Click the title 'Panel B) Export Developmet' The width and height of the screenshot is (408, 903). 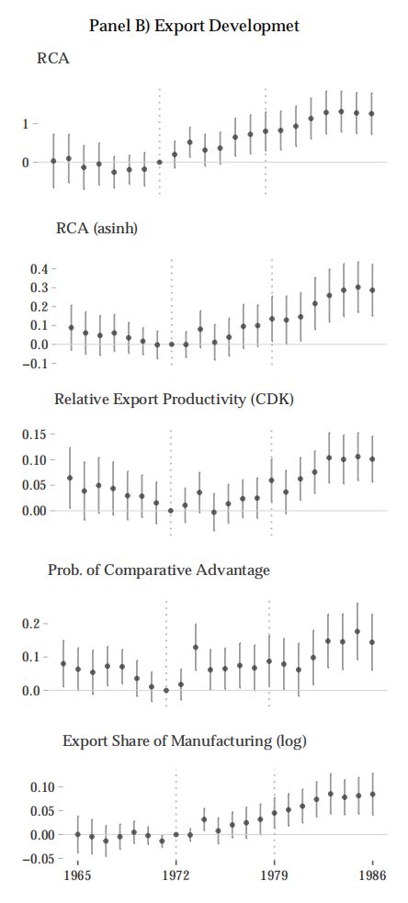[194, 26]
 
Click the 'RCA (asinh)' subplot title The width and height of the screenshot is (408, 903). [96, 229]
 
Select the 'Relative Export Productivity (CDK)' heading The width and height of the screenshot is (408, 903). [174, 399]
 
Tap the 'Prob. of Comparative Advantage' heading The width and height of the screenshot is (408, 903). [158, 570]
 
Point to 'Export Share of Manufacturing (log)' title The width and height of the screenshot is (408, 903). [185, 741]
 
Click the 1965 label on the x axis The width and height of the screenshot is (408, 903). [78, 876]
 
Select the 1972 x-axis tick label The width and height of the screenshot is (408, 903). [176, 876]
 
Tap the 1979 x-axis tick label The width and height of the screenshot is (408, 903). [275, 876]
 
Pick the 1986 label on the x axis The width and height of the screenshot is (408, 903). [372, 876]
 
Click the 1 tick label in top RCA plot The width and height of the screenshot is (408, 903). [26, 124]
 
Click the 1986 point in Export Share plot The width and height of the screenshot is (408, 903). [372, 795]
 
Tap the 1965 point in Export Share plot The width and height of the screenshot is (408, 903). [78, 834]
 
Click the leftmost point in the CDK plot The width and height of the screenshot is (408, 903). [70, 478]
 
